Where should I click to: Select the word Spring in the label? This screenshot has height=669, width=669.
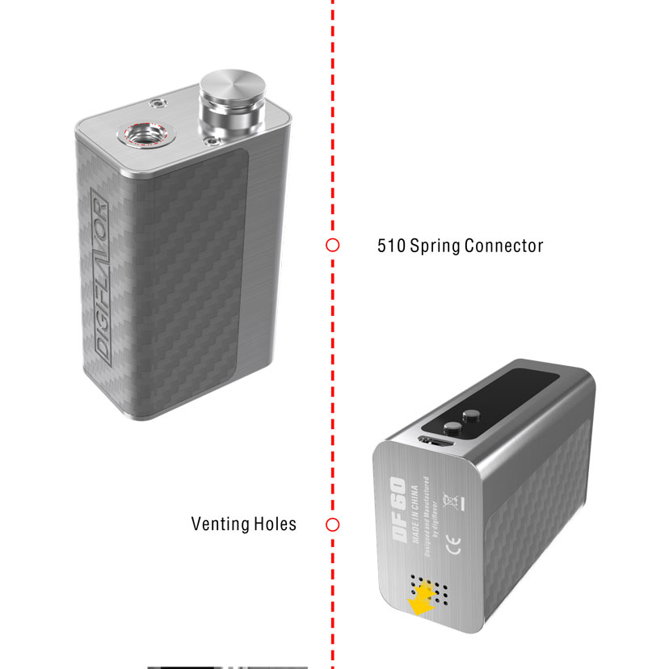pos(440,246)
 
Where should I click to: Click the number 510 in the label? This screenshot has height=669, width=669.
pos(392,246)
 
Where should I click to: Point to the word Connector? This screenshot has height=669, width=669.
pos(507,246)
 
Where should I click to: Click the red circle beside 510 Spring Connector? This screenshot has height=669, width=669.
pos(332,245)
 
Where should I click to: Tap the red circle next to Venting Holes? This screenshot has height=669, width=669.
pos(332,524)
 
